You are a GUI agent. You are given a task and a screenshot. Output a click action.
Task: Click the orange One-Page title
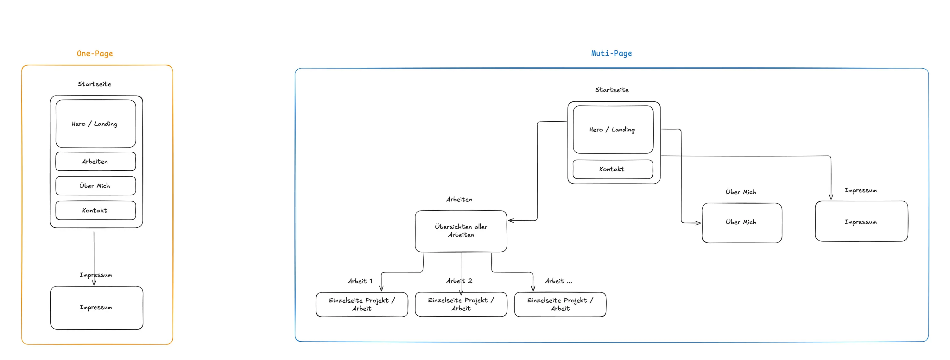click(x=95, y=54)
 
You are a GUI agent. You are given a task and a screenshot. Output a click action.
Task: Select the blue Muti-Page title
click(x=611, y=53)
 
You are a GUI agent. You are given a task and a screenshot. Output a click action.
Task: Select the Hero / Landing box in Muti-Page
click(x=613, y=129)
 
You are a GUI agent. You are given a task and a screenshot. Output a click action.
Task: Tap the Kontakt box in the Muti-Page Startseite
click(x=612, y=169)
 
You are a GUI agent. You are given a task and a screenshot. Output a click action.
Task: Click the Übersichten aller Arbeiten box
click(x=461, y=231)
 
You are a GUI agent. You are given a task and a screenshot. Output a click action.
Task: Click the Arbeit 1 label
click(x=360, y=281)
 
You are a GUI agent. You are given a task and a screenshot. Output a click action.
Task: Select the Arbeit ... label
click(x=558, y=281)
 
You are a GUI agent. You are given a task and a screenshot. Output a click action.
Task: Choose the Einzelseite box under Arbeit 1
click(x=362, y=304)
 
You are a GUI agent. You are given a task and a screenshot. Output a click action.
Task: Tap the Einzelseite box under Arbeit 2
click(x=461, y=304)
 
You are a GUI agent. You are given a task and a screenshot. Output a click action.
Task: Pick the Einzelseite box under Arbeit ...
click(x=560, y=304)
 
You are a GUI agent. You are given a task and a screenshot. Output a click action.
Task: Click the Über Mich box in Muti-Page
click(x=742, y=222)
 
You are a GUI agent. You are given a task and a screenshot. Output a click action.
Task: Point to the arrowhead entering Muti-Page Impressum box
click(x=831, y=197)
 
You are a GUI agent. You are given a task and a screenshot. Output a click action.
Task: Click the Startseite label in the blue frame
click(x=611, y=90)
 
